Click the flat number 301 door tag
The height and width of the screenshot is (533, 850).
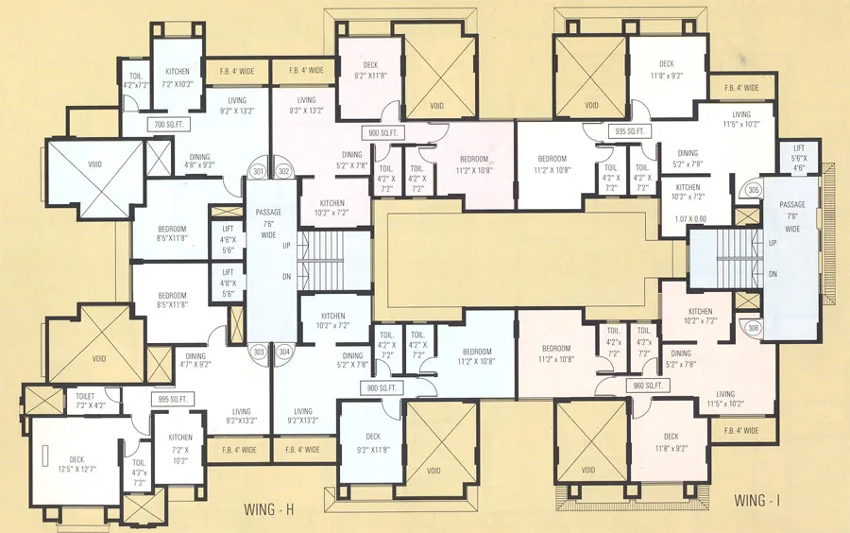point(258,172)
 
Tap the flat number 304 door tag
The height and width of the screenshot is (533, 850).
point(284,352)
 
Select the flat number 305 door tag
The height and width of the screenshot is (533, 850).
point(753,191)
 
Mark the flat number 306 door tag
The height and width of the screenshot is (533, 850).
point(753,328)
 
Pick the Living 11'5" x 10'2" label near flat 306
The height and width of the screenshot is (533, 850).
point(725,400)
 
